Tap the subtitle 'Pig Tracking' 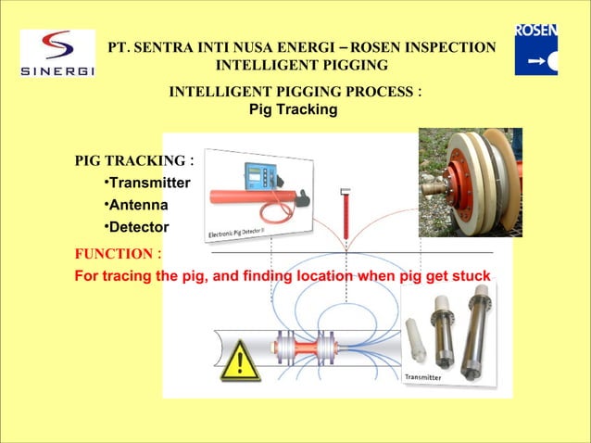coord(294,110)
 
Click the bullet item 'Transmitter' coord(149,184)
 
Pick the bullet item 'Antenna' coord(138,205)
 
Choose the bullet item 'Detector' coord(139,227)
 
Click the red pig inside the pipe coord(306,347)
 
